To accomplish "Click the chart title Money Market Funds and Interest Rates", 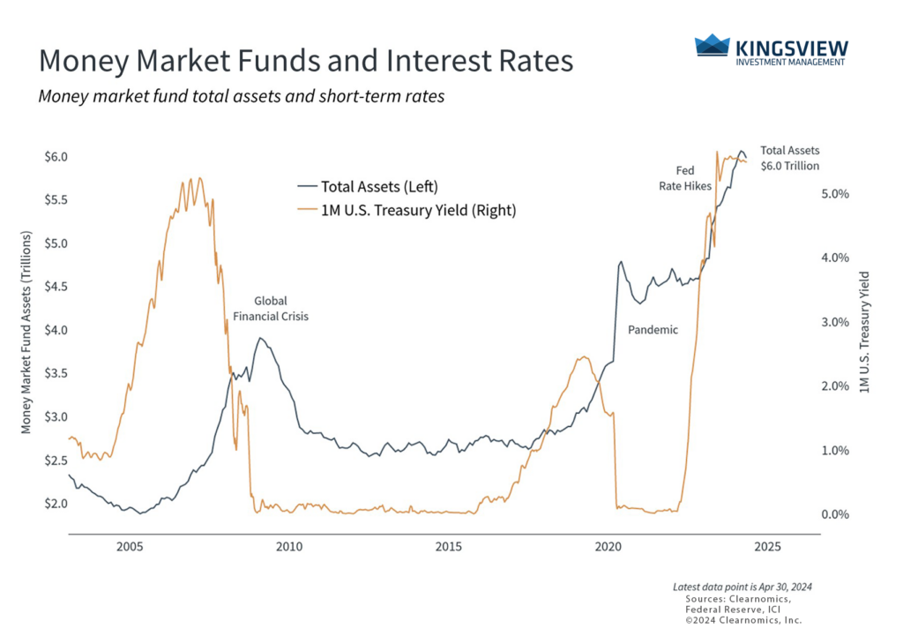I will pyautogui.click(x=306, y=61).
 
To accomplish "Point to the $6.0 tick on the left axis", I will pyautogui.click(x=56, y=157).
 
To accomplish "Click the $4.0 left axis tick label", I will pyautogui.click(x=56, y=330).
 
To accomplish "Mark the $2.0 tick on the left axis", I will pyautogui.click(x=56, y=504).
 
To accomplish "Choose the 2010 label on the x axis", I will pyautogui.click(x=289, y=547).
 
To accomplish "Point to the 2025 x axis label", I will pyautogui.click(x=768, y=547).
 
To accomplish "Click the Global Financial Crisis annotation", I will pyautogui.click(x=271, y=308).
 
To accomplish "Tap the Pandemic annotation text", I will pyautogui.click(x=653, y=330).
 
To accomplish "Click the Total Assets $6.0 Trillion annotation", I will pyautogui.click(x=790, y=158).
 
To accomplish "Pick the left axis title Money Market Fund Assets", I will pyautogui.click(x=26, y=333).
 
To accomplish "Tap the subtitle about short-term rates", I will pyautogui.click(x=241, y=96).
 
